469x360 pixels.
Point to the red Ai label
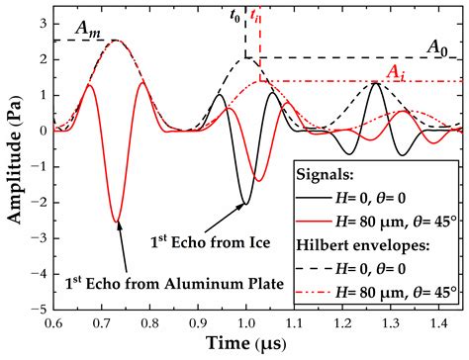393,70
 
